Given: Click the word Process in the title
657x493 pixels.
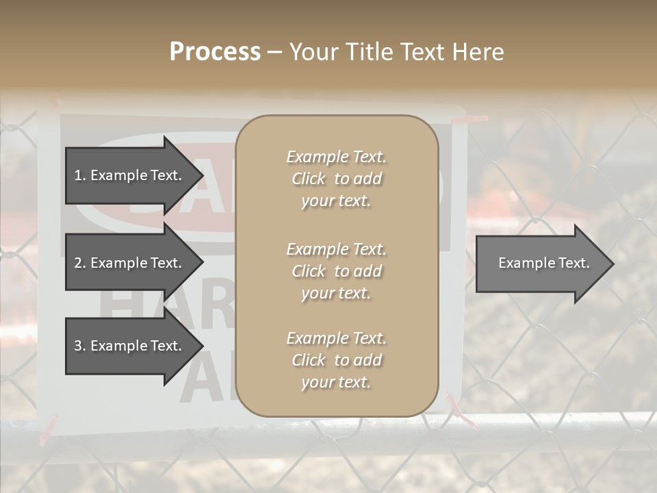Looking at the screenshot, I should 215,52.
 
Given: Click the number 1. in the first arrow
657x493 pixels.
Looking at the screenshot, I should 80,175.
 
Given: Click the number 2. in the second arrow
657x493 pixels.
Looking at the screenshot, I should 80,263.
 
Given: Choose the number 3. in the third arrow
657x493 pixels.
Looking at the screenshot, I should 80,346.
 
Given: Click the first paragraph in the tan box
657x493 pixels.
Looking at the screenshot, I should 336,179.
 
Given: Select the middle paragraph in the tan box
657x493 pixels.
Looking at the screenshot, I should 336,271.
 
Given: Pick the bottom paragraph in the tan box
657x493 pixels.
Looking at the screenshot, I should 336,360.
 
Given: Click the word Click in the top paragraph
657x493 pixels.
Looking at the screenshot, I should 309,179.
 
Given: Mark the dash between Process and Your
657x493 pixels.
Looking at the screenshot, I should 274,53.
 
